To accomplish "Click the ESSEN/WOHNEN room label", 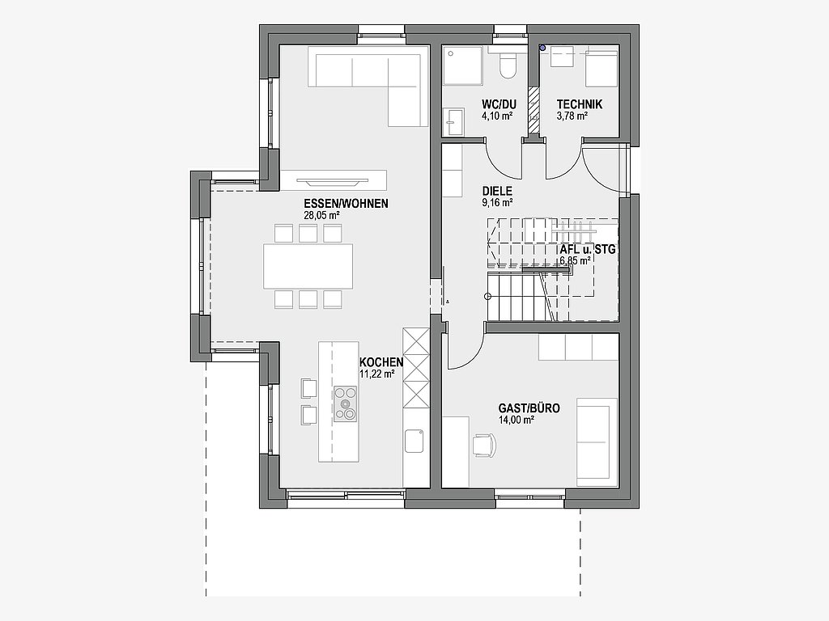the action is point(346,203).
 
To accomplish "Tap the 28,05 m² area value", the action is point(321,215).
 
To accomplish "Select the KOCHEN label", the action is point(381,362).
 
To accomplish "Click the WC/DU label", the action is point(499,104).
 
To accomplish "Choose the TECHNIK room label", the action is point(580,104).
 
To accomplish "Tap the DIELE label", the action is point(497,191).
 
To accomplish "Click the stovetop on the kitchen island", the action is point(345,404).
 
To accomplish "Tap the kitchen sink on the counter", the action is point(414,441).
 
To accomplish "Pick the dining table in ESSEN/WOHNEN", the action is point(308,266).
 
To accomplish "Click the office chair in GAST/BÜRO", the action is point(485,444).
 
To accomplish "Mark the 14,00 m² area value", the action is point(516,420).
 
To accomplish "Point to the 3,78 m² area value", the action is point(572,116).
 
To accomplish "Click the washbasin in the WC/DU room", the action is point(453,123).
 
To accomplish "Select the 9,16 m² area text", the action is point(498,202).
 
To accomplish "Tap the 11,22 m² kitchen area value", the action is point(377,374).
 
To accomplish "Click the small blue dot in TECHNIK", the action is point(542,48).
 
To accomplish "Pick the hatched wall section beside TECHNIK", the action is point(534,109).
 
